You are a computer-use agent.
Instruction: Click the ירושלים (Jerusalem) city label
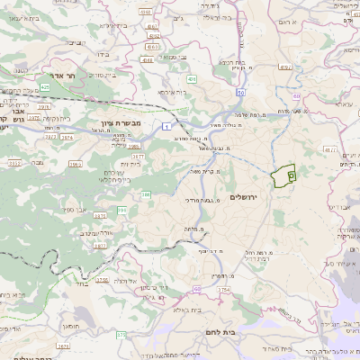click(244, 197)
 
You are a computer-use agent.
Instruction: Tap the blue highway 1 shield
click(167, 128)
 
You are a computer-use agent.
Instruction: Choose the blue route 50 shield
click(241, 92)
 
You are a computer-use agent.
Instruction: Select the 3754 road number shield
click(224, 290)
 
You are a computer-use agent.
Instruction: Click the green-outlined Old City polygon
click(284, 175)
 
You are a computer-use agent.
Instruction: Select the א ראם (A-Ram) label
click(285, 21)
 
